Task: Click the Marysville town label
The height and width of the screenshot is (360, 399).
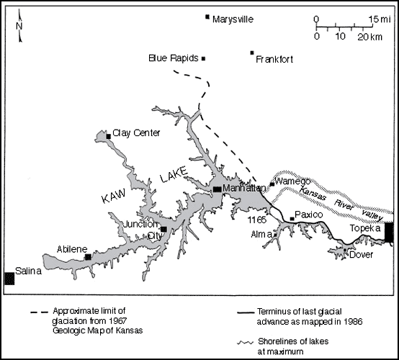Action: tap(234, 19)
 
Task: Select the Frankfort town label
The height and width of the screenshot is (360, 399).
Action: tap(274, 60)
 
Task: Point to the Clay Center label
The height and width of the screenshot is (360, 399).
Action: tap(136, 133)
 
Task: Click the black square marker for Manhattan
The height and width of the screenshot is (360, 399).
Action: tap(217, 189)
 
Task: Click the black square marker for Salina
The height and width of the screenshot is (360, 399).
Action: tap(9, 278)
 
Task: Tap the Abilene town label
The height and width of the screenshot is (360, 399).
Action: tap(71, 250)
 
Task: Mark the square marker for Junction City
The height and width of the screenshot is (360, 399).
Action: tap(163, 230)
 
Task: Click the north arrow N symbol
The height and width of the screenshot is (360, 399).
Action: tap(19, 27)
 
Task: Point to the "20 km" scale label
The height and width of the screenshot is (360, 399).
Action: tap(372, 37)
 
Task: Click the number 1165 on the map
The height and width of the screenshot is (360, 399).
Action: tap(257, 218)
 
